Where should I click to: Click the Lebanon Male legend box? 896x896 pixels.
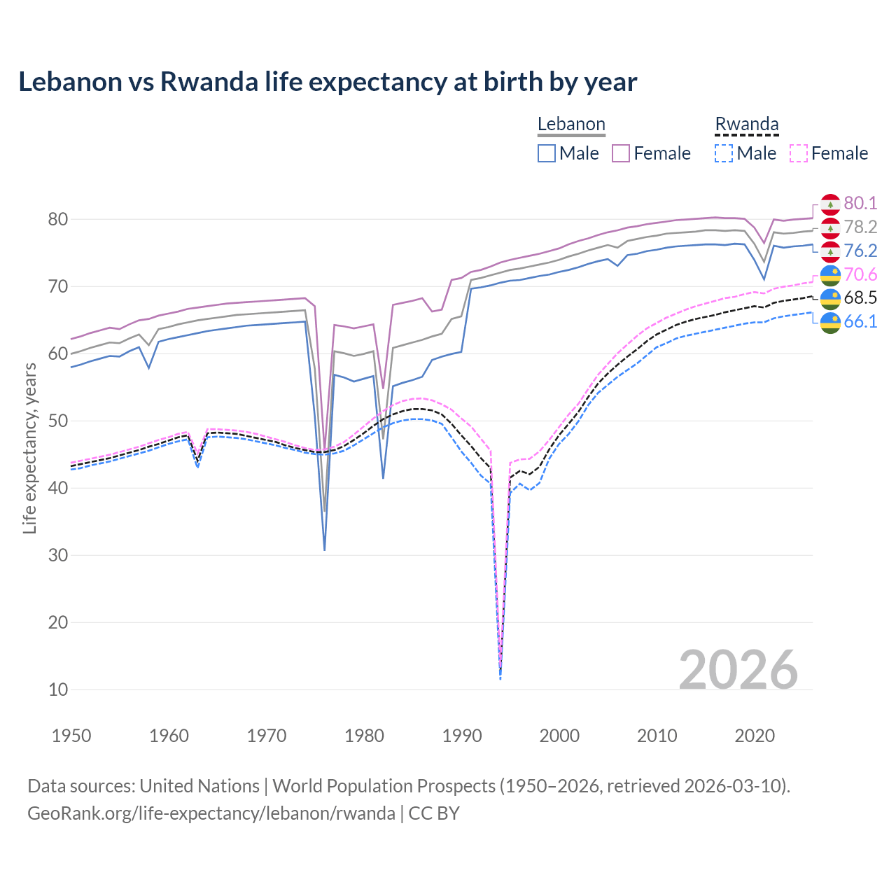pyautogui.click(x=547, y=153)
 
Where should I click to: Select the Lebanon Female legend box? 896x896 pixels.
pyautogui.click(x=621, y=153)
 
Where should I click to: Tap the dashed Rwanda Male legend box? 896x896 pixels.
pyautogui.click(x=724, y=153)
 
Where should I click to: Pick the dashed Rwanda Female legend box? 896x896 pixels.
pyautogui.click(x=798, y=153)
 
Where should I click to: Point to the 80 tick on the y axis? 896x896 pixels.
pyautogui.click(x=58, y=219)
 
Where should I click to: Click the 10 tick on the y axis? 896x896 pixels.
pyautogui.click(x=58, y=689)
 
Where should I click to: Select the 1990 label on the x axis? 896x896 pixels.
pyautogui.click(x=462, y=736)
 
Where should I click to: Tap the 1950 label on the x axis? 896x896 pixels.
pyautogui.click(x=72, y=736)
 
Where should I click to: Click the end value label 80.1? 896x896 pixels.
pyautogui.click(x=860, y=203)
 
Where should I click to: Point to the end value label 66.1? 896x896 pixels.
pyautogui.click(x=860, y=321)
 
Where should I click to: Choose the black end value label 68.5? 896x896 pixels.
pyautogui.click(x=860, y=297)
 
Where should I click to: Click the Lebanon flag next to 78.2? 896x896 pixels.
pyautogui.click(x=830, y=227)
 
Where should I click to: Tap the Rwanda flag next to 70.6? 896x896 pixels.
pyautogui.click(x=830, y=274)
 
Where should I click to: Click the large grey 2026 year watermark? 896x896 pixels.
pyautogui.click(x=738, y=670)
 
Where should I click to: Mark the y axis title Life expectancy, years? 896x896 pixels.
pyautogui.click(x=30, y=448)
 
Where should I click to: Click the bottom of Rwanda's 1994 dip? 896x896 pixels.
pyautogui.click(x=500, y=677)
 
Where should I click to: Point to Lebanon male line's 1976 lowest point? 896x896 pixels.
pyautogui.click(x=325, y=549)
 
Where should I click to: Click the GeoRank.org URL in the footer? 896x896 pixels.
pyautogui.click(x=211, y=813)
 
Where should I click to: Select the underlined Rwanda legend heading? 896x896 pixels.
pyautogui.click(x=746, y=124)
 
